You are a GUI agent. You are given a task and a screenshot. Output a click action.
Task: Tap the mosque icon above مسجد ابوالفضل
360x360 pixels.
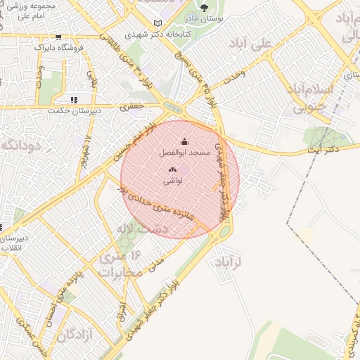(x=185, y=141)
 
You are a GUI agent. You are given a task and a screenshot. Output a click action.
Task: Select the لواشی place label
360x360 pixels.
(x=173, y=181)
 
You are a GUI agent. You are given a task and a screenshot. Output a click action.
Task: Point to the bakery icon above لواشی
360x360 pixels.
(x=173, y=169)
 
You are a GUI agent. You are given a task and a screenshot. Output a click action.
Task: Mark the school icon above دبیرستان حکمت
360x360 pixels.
(x=75, y=100)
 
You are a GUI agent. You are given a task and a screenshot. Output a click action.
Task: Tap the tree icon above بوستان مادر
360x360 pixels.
(x=205, y=8)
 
